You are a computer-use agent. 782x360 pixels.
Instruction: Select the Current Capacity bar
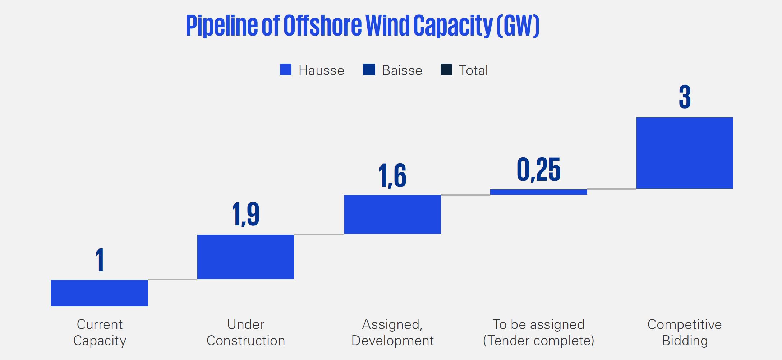click(100, 293)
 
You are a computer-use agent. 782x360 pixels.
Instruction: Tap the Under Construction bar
click(245, 257)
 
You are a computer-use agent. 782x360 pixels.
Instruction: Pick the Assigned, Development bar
click(392, 214)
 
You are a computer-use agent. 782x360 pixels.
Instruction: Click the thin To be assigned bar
click(538, 192)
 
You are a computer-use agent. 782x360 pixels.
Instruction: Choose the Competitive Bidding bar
click(685, 153)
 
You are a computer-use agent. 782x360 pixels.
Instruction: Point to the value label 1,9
click(245, 214)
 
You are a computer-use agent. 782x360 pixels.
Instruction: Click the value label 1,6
click(392, 176)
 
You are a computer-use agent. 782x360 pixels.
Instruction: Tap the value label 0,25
click(538, 170)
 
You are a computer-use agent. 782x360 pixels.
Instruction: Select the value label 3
click(685, 97)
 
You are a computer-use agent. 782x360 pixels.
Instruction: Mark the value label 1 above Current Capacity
click(100, 260)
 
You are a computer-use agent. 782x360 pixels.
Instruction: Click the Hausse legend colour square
click(286, 70)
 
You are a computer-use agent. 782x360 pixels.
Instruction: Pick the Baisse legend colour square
click(369, 70)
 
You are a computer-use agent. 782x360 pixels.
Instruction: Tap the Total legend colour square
click(446, 70)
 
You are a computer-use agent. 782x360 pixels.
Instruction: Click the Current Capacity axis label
click(100, 332)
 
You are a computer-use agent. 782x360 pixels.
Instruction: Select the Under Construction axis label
click(245, 332)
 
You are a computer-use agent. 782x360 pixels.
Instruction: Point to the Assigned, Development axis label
click(392, 332)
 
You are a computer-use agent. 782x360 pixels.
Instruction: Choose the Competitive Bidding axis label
click(685, 332)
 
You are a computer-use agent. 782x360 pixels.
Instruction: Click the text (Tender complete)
click(538, 341)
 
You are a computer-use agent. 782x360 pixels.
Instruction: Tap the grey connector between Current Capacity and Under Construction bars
click(172, 279)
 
